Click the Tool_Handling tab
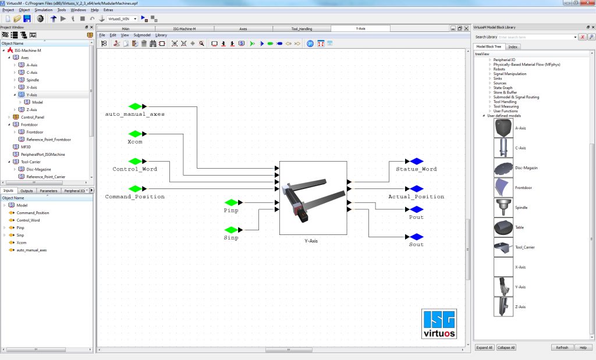[x=302, y=28]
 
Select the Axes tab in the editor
[x=243, y=28]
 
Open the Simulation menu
[x=43, y=10]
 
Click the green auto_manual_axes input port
[x=136, y=106]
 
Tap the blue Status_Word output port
[x=416, y=161]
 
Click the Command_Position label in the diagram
[x=134, y=197]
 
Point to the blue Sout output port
[x=416, y=237]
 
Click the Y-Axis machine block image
[x=313, y=198]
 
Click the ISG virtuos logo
[x=439, y=324]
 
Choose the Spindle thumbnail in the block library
[x=503, y=208]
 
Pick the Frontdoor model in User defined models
[x=503, y=188]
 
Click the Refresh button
[x=562, y=347]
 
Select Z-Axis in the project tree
[x=31, y=109]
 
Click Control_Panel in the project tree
[x=32, y=117]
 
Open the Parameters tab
[x=48, y=191]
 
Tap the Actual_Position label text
[x=416, y=197]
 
